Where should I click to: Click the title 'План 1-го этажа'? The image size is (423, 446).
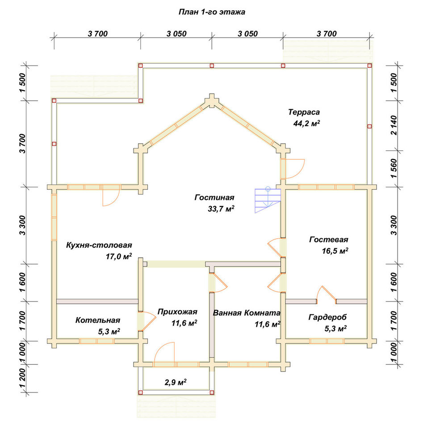tap(212, 12)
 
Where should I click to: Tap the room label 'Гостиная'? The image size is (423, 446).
tap(214, 198)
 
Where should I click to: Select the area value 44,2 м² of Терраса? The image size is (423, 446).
tap(306, 123)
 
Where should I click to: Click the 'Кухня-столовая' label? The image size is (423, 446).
tap(99, 245)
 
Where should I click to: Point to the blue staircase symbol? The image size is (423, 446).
tap(268, 200)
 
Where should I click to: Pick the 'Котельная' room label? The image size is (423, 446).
tap(98, 320)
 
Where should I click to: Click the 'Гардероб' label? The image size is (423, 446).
tap(327, 317)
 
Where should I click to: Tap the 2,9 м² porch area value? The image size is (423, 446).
tap(176, 382)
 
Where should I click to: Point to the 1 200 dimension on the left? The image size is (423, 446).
tap(22, 378)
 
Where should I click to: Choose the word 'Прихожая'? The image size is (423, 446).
tap(177, 312)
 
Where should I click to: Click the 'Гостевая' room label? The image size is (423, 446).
tap(329, 240)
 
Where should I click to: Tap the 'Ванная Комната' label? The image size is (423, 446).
tap(247, 313)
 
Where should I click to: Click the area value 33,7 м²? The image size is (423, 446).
tap(221, 209)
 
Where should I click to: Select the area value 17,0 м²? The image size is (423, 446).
tap(119, 256)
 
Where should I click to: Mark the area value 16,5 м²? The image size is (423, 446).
tap(335, 251)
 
